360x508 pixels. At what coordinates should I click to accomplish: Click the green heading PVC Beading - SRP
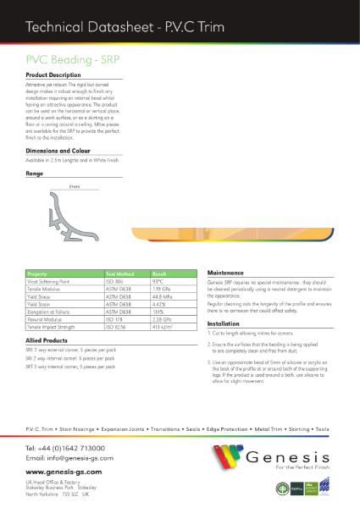pos(67,61)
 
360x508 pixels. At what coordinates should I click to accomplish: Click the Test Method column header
pos(121,274)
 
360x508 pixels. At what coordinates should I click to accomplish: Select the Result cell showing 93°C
pos(158,281)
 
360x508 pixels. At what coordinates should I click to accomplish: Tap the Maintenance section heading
pos(226,273)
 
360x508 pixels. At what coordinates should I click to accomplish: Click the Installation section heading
pos(224,323)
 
